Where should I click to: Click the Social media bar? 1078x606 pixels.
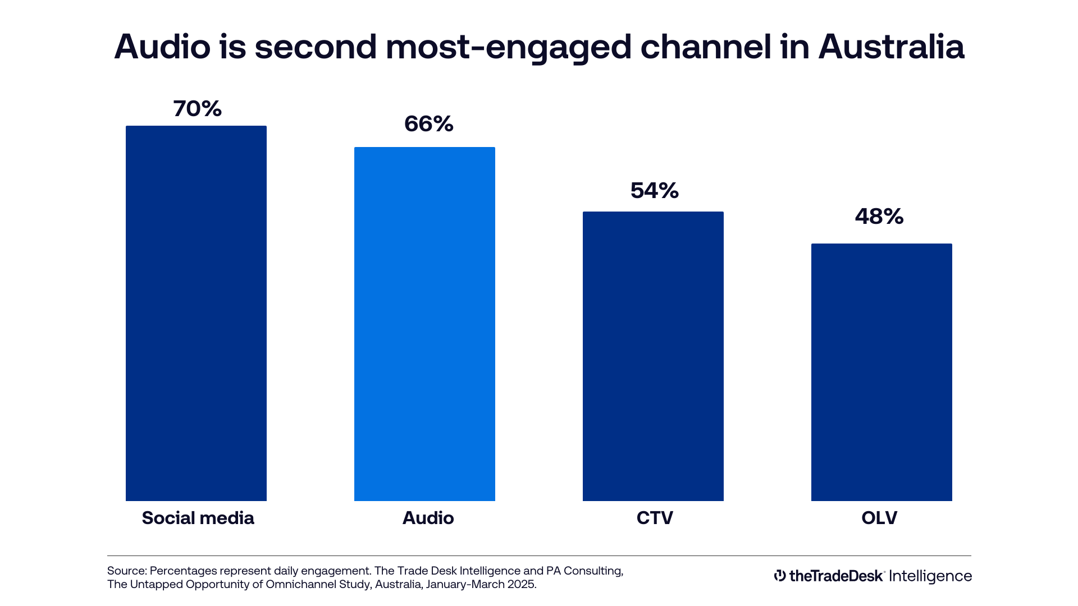196,313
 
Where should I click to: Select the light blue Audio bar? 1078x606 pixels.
424,324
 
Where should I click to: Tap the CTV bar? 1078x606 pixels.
653,356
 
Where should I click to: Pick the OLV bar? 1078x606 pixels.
881,372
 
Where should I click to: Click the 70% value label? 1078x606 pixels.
197,109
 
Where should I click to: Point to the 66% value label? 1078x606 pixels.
428,124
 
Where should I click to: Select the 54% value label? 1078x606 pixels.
654,191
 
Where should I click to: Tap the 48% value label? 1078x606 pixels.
879,217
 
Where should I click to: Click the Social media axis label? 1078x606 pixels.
198,518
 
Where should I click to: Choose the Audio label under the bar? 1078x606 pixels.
428,518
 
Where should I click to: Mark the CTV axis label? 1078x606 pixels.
655,518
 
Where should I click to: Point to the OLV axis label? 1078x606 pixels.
879,518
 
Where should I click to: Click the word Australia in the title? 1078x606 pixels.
891,47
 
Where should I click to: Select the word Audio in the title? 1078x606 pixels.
162,47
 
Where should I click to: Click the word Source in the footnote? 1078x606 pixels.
126,571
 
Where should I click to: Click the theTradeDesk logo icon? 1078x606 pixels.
779,576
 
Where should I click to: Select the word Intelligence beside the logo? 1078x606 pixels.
930,577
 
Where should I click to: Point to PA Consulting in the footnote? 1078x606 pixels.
584,571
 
